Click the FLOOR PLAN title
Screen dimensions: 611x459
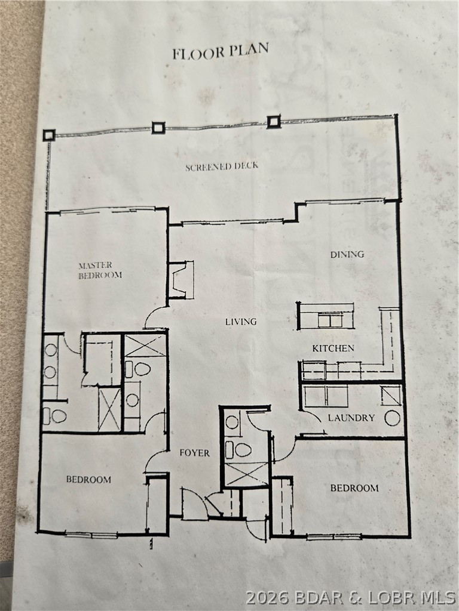click(x=221, y=52)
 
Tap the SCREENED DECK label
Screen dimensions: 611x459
click(x=222, y=166)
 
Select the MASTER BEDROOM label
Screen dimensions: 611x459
click(x=100, y=270)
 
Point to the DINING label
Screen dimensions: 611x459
click(x=347, y=255)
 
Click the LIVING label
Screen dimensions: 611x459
click(x=241, y=322)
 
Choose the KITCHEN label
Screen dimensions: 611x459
click(x=333, y=348)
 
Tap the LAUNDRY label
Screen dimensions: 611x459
click(x=351, y=418)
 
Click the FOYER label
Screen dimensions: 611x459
click(x=195, y=453)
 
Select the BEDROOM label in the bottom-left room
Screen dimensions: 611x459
click(x=88, y=479)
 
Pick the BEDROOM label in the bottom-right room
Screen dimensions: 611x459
click(x=354, y=488)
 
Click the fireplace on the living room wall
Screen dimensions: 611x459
click(x=182, y=280)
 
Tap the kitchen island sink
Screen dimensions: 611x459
click(x=330, y=320)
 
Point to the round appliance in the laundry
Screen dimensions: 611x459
click(x=392, y=418)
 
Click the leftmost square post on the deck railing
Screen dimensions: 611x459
click(x=49, y=135)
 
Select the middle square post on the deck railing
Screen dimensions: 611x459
click(x=158, y=128)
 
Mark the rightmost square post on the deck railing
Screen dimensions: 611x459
click(x=273, y=122)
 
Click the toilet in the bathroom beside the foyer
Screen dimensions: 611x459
click(x=241, y=450)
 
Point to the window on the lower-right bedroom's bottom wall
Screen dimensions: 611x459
click(x=334, y=537)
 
